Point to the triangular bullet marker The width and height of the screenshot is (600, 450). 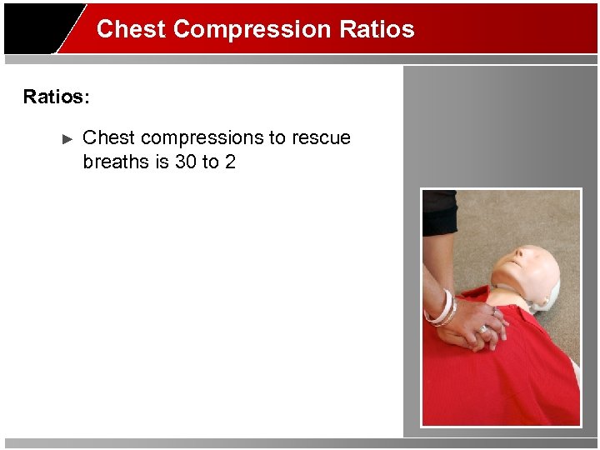tap(68, 138)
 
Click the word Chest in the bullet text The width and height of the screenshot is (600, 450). tap(109, 137)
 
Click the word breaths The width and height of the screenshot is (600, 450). tap(116, 162)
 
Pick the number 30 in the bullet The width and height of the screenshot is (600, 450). tap(185, 162)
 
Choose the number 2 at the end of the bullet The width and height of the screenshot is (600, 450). tap(230, 162)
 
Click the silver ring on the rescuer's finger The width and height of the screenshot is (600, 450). tap(482, 329)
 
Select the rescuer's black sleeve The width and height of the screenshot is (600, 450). tap(439, 213)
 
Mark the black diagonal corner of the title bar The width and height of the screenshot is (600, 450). tap(42, 29)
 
